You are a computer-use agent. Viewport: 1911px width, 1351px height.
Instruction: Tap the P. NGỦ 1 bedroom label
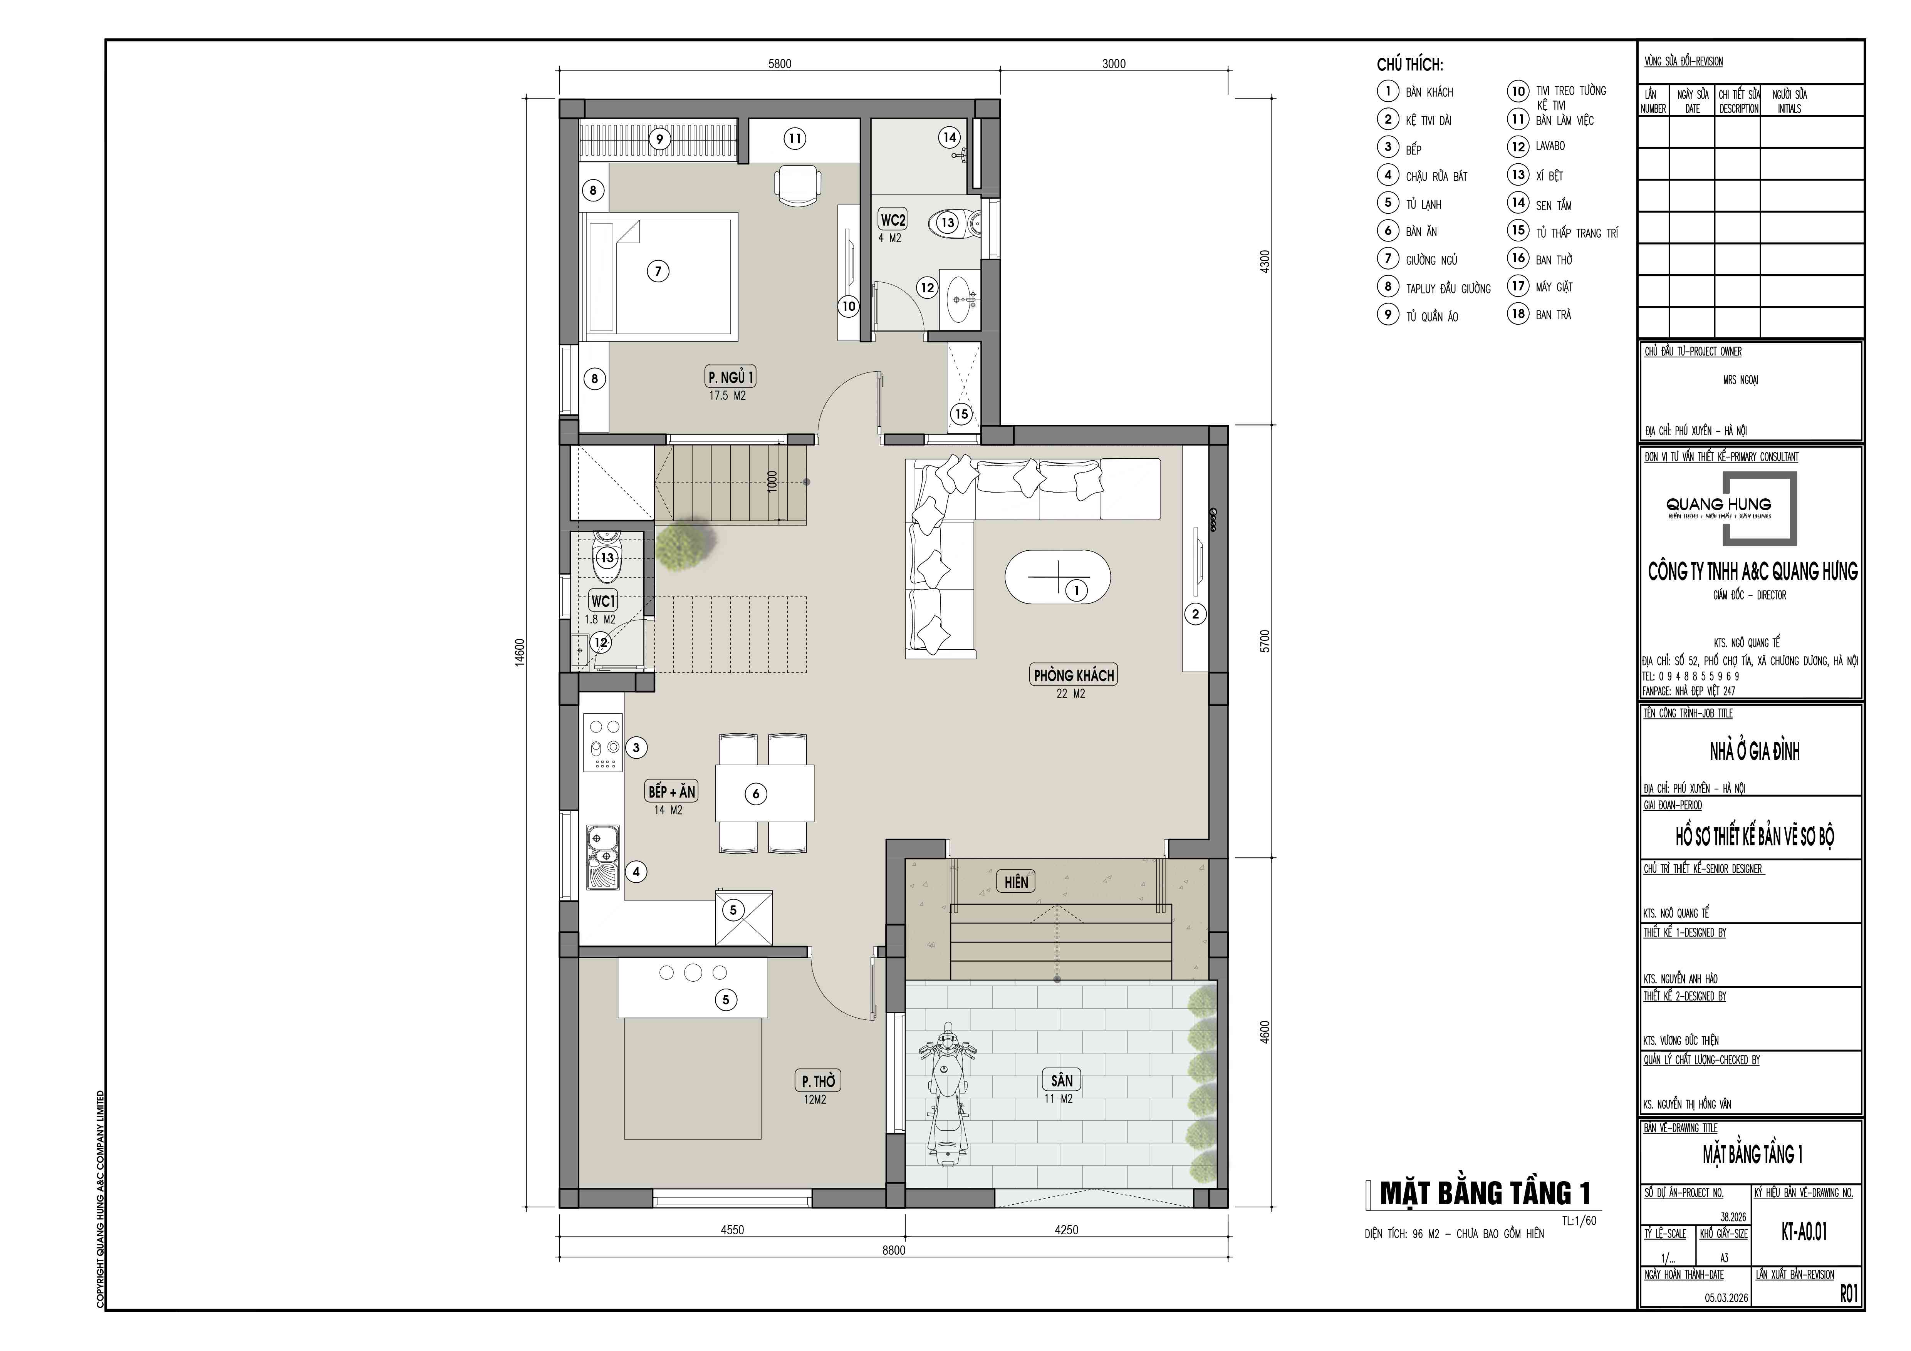pos(731,378)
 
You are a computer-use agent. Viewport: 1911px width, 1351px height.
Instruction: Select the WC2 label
pos(892,220)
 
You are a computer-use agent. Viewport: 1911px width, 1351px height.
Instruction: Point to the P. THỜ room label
pos(818,1081)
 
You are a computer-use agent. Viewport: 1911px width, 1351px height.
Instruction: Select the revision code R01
pos(1848,1294)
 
